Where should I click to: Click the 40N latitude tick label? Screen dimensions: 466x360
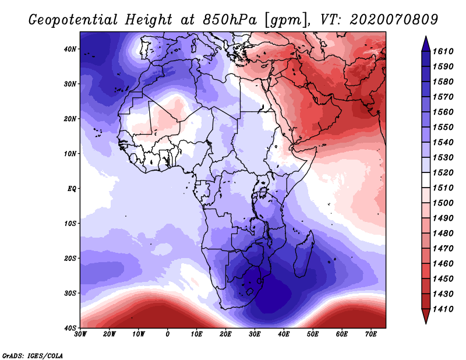click(x=70, y=49)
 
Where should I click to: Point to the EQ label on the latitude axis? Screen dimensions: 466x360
click(x=72, y=189)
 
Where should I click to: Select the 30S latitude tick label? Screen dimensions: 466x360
click(x=70, y=294)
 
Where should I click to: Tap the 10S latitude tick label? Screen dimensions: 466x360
click(x=70, y=224)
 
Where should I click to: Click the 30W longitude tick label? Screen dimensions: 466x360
click(x=80, y=334)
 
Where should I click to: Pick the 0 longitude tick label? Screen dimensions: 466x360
click(x=168, y=334)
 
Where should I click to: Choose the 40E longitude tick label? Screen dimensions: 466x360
click(x=284, y=334)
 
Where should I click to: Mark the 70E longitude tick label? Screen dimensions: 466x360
click(x=371, y=334)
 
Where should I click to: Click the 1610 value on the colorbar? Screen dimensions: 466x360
click(x=443, y=51)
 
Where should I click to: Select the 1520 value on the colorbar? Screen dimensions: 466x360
click(x=443, y=172)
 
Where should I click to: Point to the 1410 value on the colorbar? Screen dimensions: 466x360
click(x=443, y=309)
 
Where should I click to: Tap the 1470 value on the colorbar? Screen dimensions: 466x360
click(x=443, y=249)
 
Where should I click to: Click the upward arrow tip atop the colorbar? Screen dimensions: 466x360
click(x=426, y=36)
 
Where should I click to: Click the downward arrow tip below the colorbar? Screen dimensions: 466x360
click(x=426, y=323)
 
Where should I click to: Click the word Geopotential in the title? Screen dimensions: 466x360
click(x=73, y=20)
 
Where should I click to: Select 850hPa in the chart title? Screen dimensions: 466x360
click(x=230, y=20)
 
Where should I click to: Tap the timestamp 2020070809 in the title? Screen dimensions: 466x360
click(x=394, y=20)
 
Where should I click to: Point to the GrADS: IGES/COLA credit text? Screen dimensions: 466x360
click(x=33, y=355)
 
